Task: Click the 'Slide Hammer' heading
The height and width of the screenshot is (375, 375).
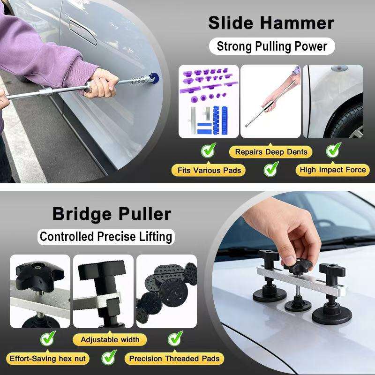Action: pos(271,23)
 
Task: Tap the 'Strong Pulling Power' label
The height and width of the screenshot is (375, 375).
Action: pos(272,46)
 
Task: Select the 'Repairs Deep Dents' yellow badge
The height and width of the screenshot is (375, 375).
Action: pos(271,152)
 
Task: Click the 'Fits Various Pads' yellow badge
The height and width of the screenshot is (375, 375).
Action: pos(209,170)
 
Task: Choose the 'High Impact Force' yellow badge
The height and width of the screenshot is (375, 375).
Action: pos(333,170)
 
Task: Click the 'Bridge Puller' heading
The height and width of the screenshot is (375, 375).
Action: pos(112,214)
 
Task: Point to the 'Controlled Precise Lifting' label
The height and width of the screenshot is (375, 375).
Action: pos(106,237)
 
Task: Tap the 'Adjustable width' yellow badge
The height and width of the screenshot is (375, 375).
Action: pos(110,339)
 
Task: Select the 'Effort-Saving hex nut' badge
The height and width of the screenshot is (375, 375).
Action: pos(48,359)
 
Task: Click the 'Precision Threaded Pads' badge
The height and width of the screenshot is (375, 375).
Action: pos(174,359)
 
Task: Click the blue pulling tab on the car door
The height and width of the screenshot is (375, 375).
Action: pos(154,78)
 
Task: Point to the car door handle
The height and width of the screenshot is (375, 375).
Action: pos(83,32)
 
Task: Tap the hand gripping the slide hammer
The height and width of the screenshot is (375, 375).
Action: pos(102,83)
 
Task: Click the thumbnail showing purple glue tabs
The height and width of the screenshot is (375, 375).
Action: pos(209,101)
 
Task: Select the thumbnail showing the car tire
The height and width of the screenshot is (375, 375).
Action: pos(333,101)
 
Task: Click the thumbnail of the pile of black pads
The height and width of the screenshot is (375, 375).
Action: pos(167,291)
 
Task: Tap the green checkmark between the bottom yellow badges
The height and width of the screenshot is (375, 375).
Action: pos(109,357)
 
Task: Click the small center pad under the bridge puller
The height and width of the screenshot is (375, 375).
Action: pos(298,304)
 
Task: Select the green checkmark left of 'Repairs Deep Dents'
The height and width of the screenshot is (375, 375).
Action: pos(208,150)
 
